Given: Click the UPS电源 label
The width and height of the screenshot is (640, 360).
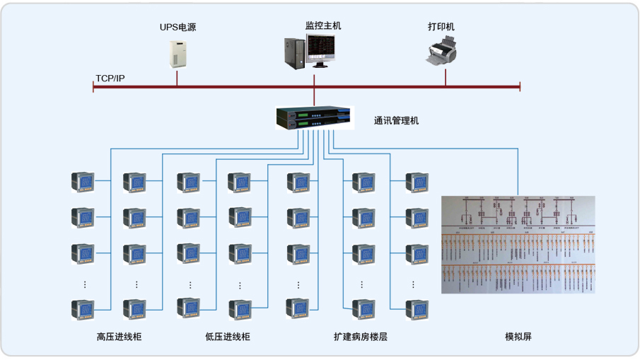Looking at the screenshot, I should tap(178, 28).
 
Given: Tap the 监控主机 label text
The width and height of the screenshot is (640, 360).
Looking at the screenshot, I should tap(323, 25).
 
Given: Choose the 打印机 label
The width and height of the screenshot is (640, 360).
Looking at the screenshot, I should tap(441, 26).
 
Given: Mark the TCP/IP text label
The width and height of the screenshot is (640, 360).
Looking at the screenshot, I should tap(110, 78).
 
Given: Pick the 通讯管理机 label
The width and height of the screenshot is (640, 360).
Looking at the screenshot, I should tap(396, 120).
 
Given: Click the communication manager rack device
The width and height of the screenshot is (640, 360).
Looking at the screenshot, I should tap(313, 117).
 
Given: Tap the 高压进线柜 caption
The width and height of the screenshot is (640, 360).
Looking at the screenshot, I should tap(119, 337).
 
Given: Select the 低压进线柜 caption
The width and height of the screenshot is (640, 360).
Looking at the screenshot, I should tap(227, 337).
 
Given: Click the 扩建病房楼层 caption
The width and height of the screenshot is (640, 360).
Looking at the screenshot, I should tap(361, 337).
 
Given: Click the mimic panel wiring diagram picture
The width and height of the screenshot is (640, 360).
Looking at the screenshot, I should tap(518, 244).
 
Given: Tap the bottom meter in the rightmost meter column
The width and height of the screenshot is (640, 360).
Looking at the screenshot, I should tap(417, 309).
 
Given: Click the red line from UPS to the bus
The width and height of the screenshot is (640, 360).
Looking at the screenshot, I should tap(178, 77).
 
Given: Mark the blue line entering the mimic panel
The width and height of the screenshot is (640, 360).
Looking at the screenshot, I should tap(518, 173).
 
